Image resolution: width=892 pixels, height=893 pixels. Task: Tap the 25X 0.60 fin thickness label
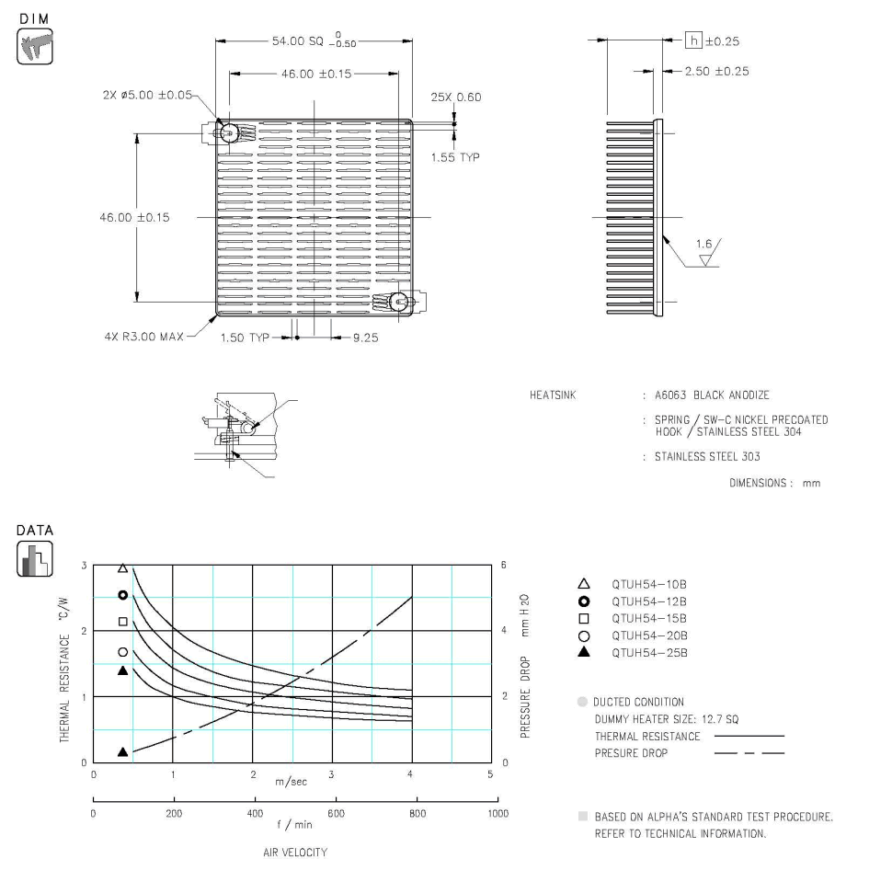pos(455,97)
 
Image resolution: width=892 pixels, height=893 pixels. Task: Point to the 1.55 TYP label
pos(455,157)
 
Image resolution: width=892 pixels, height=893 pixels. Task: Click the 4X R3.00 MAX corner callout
pos(144,337)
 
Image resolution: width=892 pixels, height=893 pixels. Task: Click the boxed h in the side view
pos(695,41)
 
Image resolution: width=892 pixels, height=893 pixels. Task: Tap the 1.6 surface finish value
pos(704,245)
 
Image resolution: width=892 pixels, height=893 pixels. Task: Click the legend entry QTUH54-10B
pos(649,583)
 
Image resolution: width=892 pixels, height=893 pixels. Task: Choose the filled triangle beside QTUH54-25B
pos(582,652)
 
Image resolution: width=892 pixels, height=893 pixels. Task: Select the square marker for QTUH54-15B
pos(582,617)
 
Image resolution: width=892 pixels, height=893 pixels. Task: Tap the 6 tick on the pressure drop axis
pos(503,566)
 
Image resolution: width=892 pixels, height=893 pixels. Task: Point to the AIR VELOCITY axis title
pos(294,853)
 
